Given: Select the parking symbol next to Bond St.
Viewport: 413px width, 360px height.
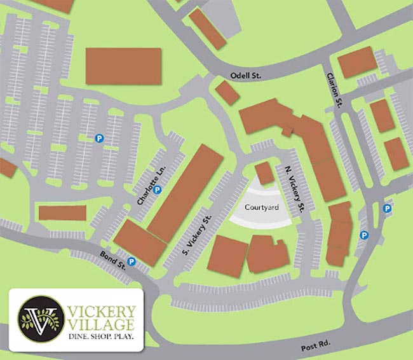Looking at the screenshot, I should click(132, 261).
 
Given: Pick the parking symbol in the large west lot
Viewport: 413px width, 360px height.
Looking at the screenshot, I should click(99, 137).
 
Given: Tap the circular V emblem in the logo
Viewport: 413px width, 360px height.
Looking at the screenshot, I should click(40, 317).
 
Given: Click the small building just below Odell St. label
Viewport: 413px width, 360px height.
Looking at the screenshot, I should click(227, 93).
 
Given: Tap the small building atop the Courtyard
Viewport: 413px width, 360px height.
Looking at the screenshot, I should click(264, 172).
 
